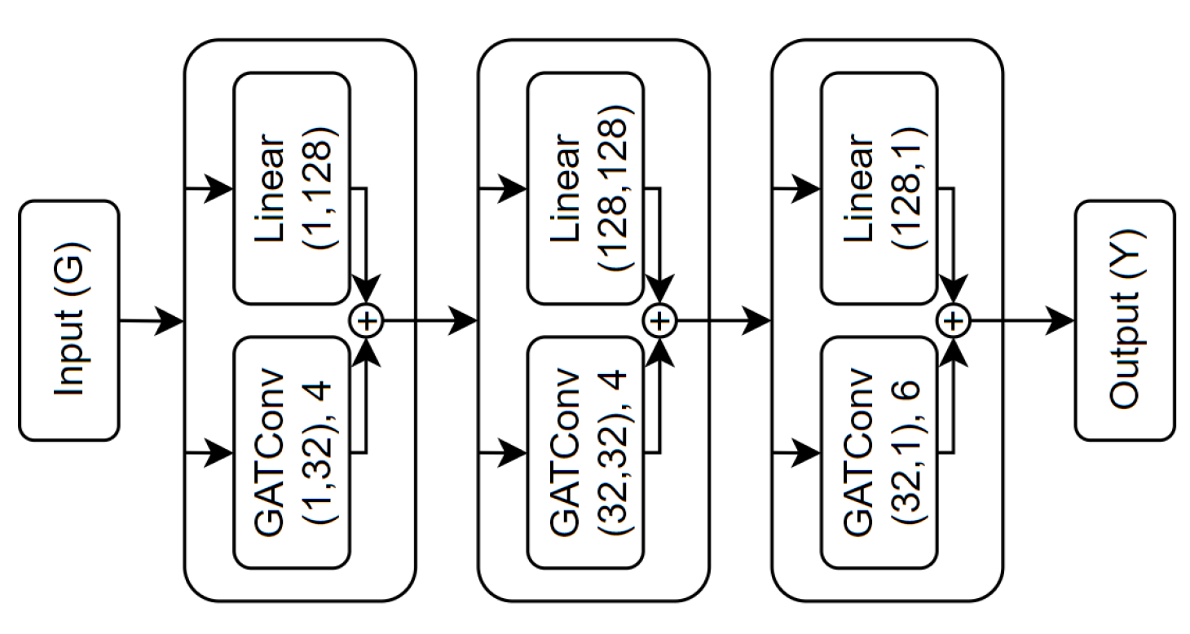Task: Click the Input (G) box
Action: tap(69, 320)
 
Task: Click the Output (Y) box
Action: tap(1125, 320)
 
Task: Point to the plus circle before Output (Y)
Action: tap(953, 320)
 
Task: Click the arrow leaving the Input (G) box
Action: tap(152, 321)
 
